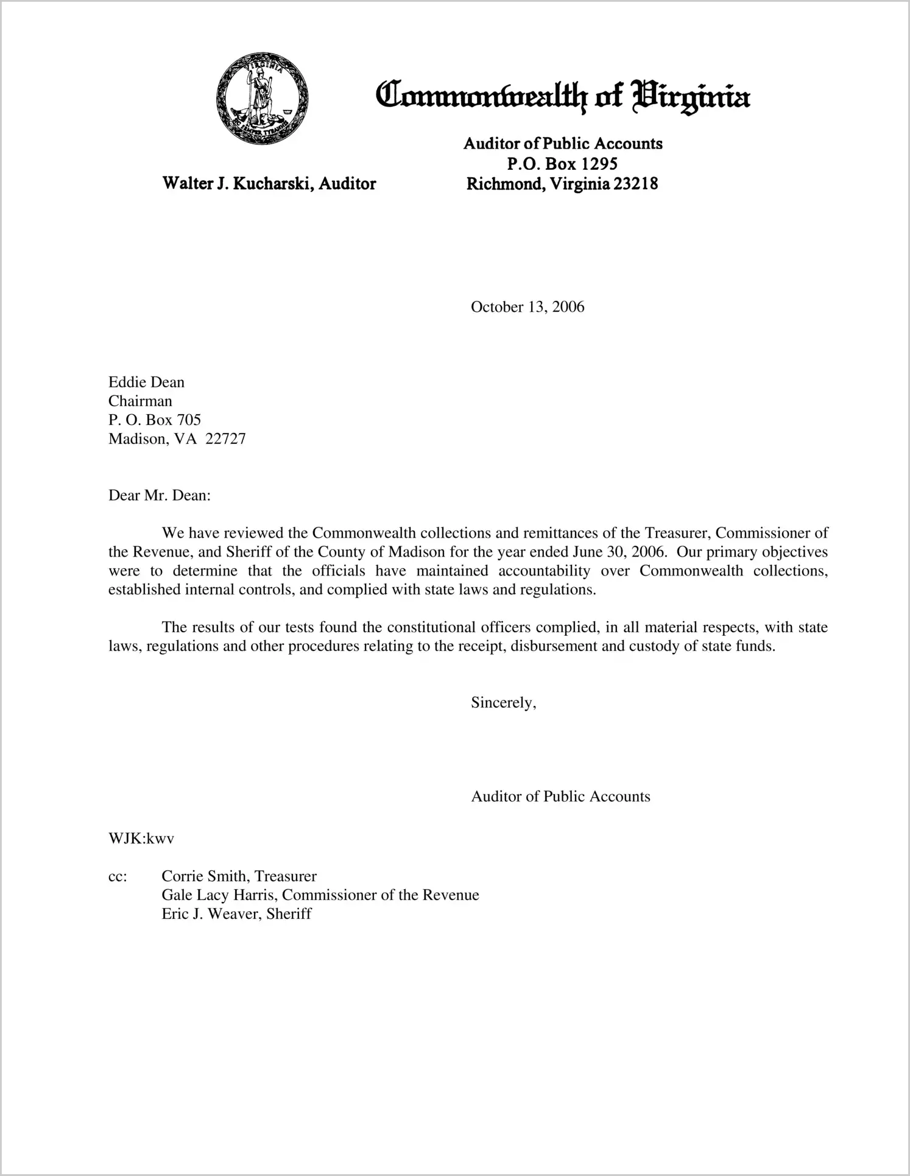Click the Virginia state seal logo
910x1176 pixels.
coord(262,99)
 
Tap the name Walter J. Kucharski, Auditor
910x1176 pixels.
coord(269,183)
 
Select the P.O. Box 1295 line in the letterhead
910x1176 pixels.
coord(562,163)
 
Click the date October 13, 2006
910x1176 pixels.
coord(527,307)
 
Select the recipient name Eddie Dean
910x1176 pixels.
coord(146,382)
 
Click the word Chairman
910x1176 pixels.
coord(140,401)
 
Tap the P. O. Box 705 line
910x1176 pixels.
coord(155,420)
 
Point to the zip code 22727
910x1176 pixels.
coord(225,439)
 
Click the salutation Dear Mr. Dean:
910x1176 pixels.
coord(159,496)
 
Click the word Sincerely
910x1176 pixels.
coord(503,703)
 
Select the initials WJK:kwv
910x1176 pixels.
coord(141,839)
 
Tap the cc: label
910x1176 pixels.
coord(118,876)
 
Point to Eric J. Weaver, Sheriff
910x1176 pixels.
coord(236,914)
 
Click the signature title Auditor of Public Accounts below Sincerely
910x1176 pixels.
coord(560,797)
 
